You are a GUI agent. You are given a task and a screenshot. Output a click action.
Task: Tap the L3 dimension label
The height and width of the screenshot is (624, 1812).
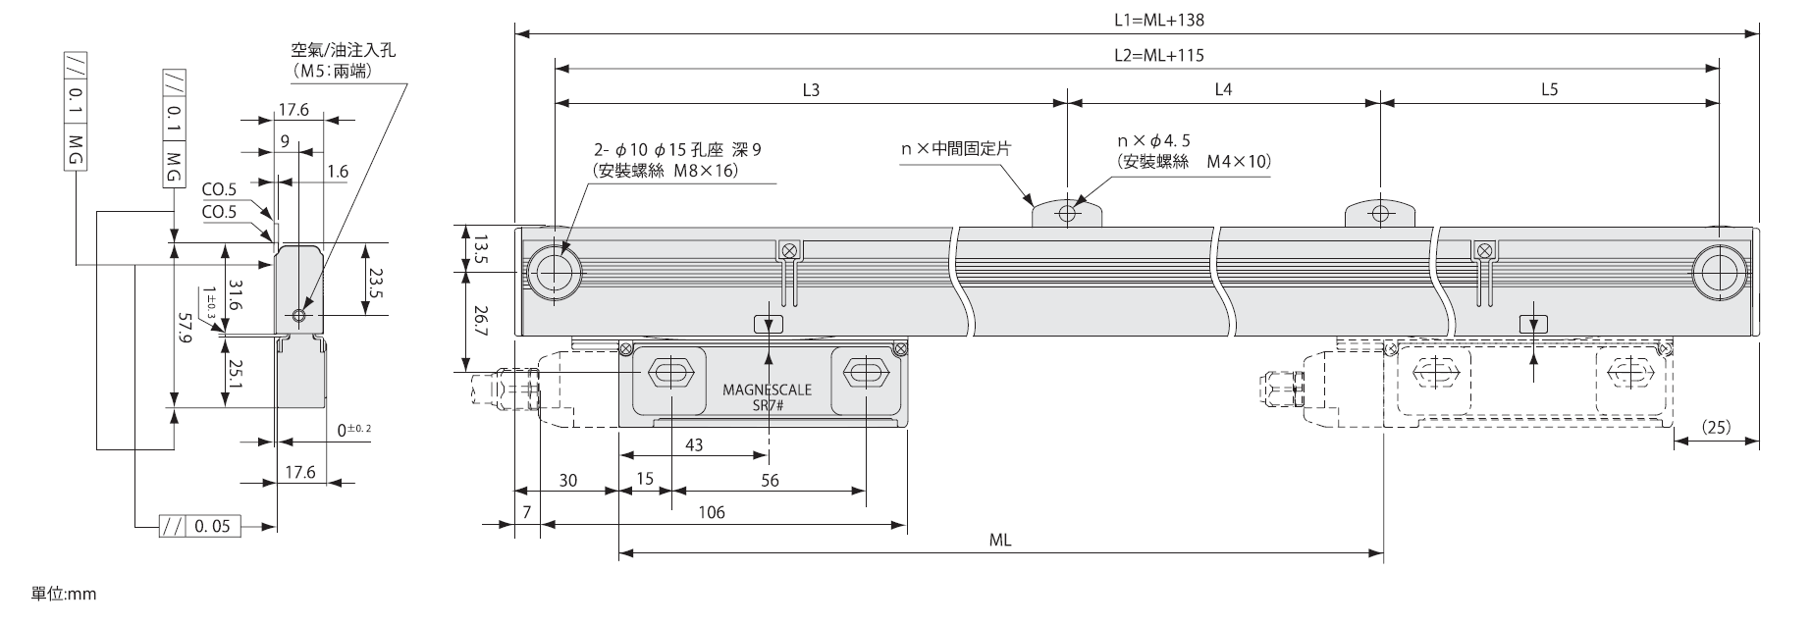(x=811, y=89)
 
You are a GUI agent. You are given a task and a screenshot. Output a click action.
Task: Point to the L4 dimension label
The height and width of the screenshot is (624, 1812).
(x=1223, y=89)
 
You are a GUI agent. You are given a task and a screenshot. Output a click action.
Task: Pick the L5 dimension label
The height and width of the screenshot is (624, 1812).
(x=1549, y=89)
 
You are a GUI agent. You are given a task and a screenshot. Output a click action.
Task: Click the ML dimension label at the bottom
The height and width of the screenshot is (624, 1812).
(x=1000, y=540)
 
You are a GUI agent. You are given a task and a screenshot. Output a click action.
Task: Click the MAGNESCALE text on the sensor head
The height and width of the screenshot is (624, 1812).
(x=767, y=390)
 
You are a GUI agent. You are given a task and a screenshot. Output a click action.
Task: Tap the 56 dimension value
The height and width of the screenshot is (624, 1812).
(x=770, y=480)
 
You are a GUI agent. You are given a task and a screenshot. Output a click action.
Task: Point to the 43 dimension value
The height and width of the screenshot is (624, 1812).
(x=693, y=444)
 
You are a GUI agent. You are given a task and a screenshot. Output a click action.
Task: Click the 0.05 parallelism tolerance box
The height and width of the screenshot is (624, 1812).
(x=211, y=527)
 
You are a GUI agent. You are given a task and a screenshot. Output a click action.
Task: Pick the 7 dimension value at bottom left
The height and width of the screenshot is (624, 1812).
(x=526, y=512)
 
